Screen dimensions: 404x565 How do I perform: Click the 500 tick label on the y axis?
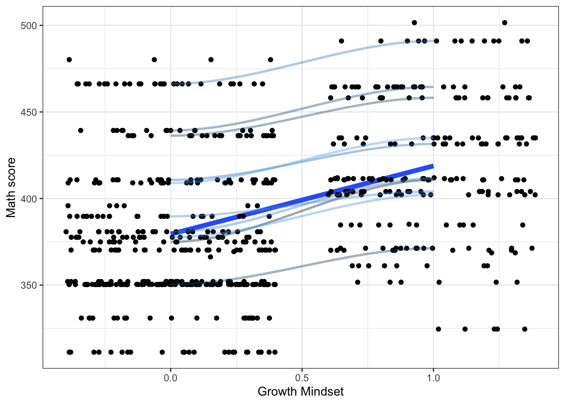[29, 26]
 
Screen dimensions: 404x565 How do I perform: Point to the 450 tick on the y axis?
[29, 112]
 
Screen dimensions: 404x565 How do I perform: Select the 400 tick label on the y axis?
[29, 199]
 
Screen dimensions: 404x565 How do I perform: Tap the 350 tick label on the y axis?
[29, 285]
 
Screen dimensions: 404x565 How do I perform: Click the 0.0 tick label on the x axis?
[170, 377]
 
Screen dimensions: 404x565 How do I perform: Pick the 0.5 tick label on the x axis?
[302, 377]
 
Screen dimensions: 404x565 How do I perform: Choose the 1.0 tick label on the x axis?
[433, 377]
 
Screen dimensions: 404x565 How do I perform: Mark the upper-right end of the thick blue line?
[433, 166]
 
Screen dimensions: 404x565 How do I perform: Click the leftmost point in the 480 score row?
[69, 60]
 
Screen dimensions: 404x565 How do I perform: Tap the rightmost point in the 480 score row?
[270, 60]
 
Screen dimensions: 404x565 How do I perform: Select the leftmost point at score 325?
[438, 329]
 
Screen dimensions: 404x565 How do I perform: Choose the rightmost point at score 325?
[525, 329]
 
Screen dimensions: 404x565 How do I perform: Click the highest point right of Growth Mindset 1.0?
[505, 23]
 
